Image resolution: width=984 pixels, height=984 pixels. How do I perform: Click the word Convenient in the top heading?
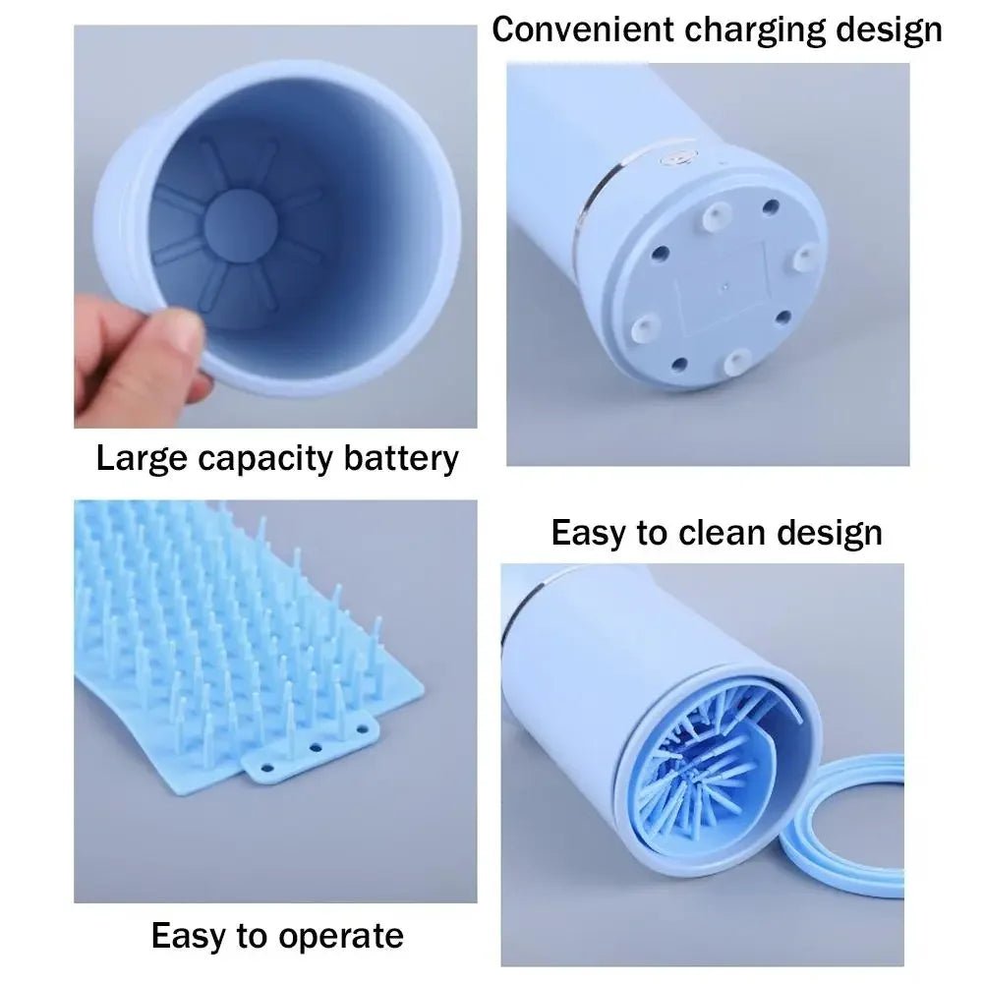click(x=583, y=29)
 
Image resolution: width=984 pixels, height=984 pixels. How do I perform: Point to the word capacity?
click(x=265, y=459)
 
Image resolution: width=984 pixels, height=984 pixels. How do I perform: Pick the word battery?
click(x=401, y=459)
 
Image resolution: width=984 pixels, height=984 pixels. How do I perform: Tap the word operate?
click(x=341, y=937)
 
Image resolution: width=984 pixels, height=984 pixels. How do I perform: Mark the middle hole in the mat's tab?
click(x=316, y=747)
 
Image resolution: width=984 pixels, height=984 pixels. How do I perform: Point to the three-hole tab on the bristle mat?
click(x=312, y=749)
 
